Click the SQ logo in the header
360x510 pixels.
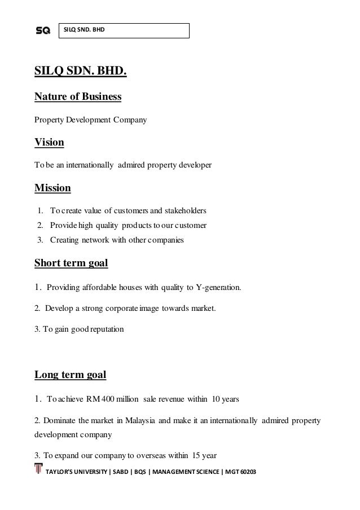click(x=43, y=30)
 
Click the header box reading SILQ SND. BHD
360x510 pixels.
click(x=124, y=30)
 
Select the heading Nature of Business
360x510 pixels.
click(x=78, y=96)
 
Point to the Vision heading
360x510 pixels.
click(x=49, y=142)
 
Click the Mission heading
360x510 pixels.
click(x=52, y=187)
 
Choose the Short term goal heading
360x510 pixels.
click(x=71, y=263)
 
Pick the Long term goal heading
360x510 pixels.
click(x=71, y=374)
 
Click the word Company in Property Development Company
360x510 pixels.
click(x=130, y=120)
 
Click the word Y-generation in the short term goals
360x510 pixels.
click(x=218, y=287)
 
